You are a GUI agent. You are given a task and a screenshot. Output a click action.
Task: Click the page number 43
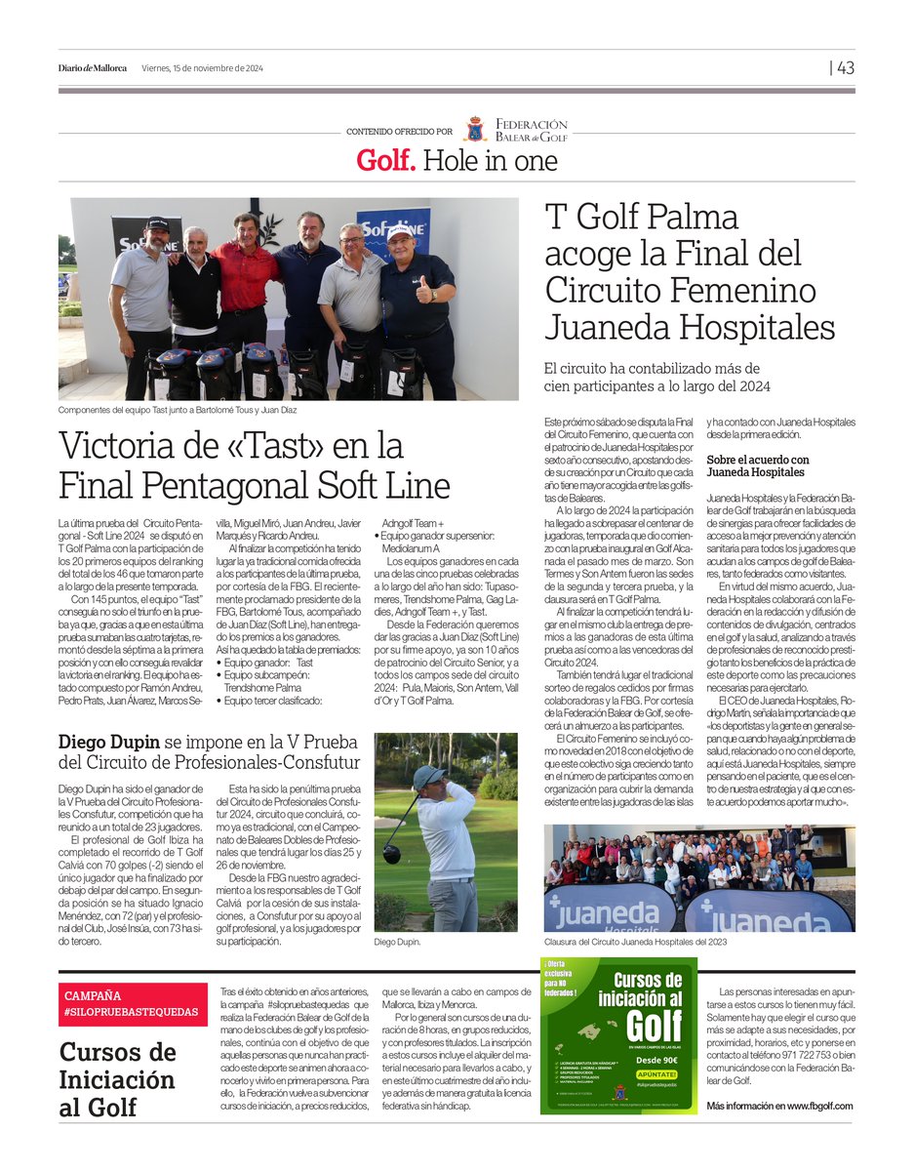[x=845, y=68]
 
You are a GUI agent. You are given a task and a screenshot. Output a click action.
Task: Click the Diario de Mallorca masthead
[x=93, y=68]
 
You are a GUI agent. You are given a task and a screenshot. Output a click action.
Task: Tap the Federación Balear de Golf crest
[x=475, y=129]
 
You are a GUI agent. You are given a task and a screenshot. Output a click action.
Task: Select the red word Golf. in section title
[x=386, y=161]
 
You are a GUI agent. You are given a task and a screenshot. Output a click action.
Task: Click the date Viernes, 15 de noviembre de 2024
[x=202, y=68]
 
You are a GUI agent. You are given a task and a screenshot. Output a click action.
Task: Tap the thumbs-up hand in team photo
[x=423, y=291]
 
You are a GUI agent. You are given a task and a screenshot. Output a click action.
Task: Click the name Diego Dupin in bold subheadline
[x=109, y=743]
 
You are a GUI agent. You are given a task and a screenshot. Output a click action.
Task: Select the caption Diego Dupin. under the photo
[x=399, y=944]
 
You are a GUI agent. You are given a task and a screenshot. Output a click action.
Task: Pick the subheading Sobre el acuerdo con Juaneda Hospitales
[x=758, y=465]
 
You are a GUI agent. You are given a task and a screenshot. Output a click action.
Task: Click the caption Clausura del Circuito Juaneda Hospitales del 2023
[x=650, y=944]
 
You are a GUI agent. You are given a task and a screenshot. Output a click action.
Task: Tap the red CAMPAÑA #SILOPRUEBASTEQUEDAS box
[x=133, y=1004]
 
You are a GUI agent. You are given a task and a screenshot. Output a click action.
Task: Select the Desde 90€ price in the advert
[x=658, y=1060]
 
